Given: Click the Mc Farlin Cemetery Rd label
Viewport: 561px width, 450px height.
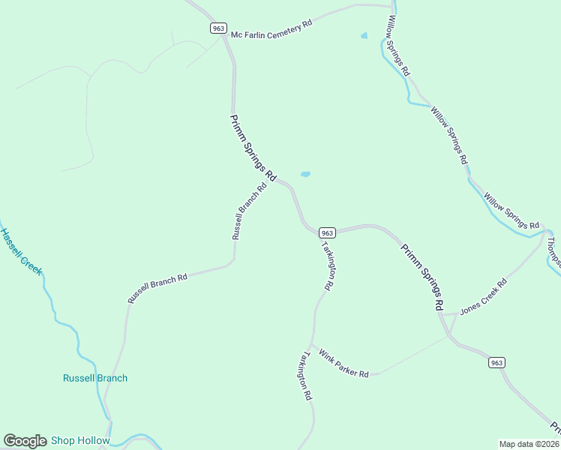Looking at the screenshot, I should pos(271,29).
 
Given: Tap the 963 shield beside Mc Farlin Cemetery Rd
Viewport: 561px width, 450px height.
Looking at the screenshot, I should pos(217,28).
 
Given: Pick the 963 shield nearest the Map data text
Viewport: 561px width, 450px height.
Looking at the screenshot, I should pos(496,362).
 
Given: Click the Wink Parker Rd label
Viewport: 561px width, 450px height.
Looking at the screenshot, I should pos(343,363).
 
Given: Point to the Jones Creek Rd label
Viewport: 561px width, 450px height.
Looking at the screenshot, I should pos(484,296).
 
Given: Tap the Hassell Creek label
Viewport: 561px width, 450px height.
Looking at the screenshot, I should pos(22,252).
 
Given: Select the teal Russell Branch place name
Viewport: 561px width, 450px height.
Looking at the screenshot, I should pos(95,378).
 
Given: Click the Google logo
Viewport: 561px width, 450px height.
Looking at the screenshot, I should pos(25,441).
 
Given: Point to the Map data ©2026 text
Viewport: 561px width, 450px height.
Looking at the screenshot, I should pos(529,444).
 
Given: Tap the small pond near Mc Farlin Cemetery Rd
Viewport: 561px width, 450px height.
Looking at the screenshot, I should pos(364,35).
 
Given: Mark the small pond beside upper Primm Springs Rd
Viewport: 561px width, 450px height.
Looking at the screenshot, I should pos(305,175).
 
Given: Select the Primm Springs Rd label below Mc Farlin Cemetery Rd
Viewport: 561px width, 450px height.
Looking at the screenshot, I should pos(253,146).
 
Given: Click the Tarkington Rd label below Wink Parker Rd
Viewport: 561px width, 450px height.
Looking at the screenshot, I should pos(303,376).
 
